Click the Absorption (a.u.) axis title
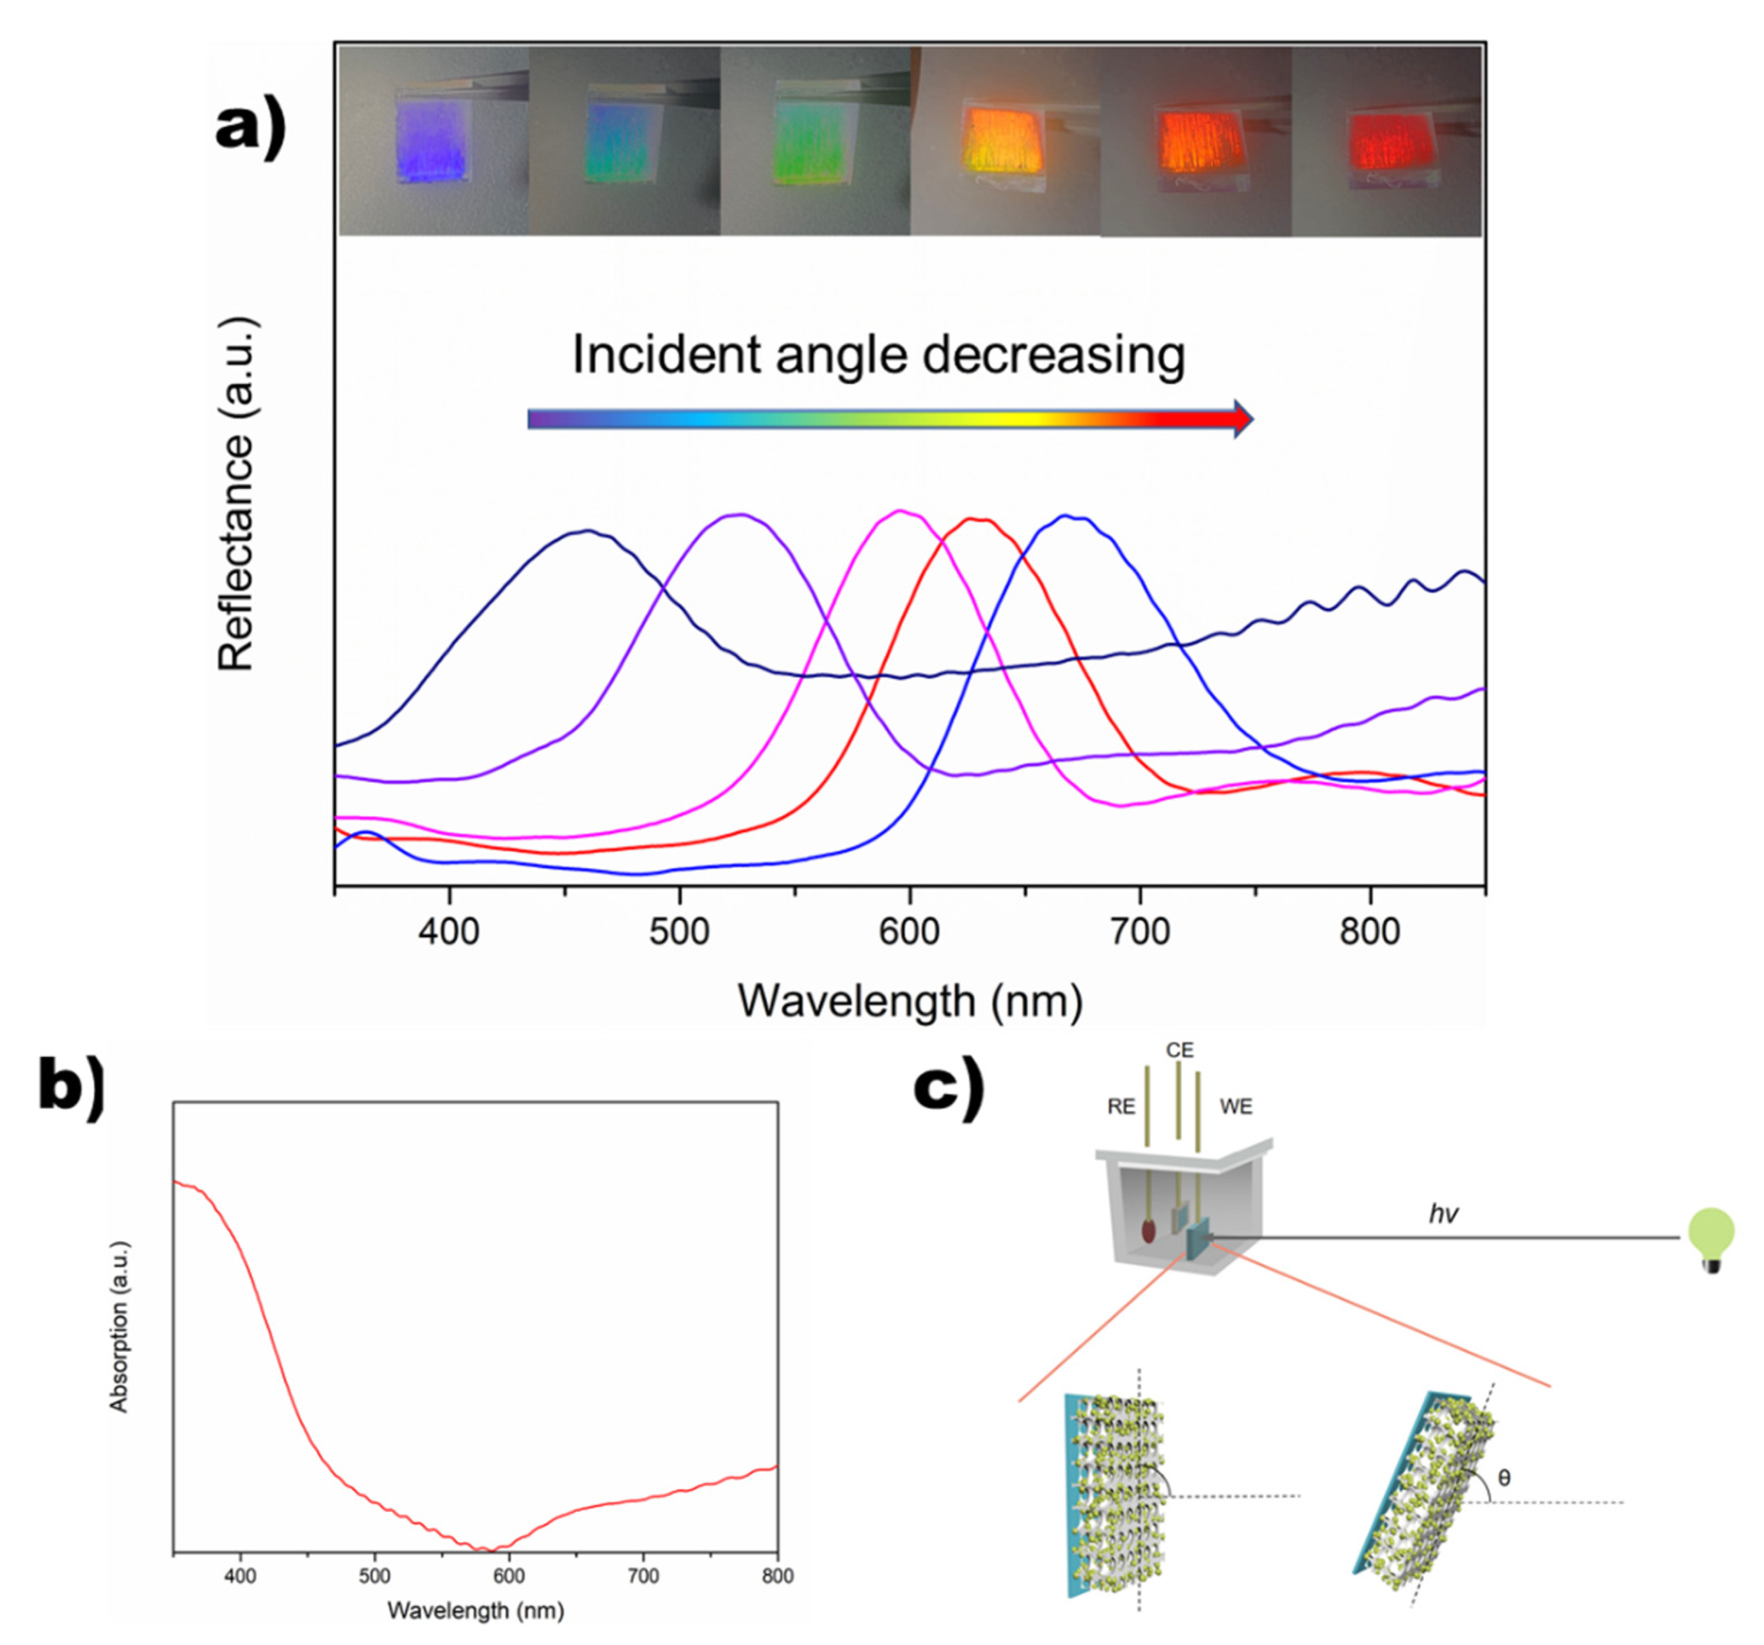[x=119, y=1326]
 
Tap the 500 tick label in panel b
[x=374, y=1577]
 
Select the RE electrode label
[x=1121, y=1107]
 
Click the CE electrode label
[x=1179, y=1050]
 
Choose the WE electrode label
[x=1236, y=1107]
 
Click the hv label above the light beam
[x=1443, y=1215]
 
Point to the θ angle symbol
[x=1503, y=1478]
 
